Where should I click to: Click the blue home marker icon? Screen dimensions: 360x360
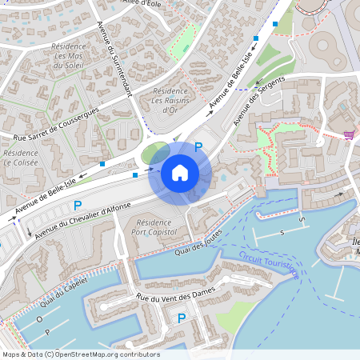[x=180, y=173]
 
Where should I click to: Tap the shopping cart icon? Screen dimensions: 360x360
[x=350, y=135]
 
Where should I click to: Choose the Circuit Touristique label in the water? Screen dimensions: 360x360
[x=268, y=264]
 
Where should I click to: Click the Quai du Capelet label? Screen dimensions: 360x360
[x=62, y=295]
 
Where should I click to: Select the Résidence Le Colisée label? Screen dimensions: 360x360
[x=21, y=158]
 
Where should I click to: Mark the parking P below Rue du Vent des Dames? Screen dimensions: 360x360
[x=182, y=318]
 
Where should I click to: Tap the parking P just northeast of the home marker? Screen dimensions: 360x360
[x=198, y=147]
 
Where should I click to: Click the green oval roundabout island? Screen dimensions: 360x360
[x=154, y=152]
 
